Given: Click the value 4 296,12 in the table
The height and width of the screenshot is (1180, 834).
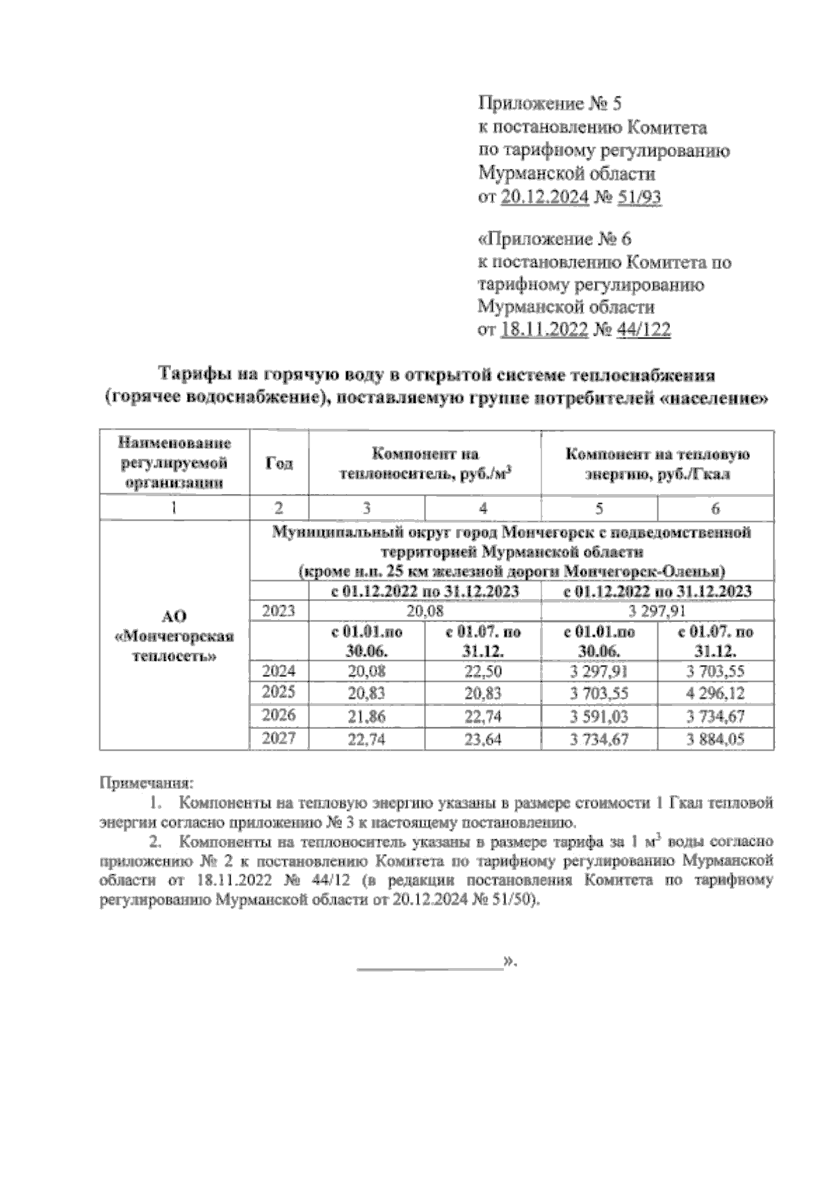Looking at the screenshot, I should pyautogui.click(x=715, y=693).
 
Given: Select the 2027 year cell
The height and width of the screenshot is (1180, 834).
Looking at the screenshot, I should pyautogui.click(x=279, y=739).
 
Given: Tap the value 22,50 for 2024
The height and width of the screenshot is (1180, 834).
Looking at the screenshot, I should pyautogui.click(x=482, y=671).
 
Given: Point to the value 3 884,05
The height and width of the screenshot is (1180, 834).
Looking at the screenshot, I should pyautogui.click(x=715, y=739).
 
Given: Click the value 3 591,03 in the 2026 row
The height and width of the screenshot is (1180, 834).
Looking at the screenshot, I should pyautogui.click(x=599, y=716).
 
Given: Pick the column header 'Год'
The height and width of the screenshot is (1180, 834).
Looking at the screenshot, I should pyautogui.click(x=279, y=464).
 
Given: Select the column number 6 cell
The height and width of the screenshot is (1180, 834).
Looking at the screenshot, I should pyautogui.click(x=715, y=509).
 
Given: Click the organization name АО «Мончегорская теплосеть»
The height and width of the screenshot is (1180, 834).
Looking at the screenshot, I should pyautogui.click(x=174, y=636).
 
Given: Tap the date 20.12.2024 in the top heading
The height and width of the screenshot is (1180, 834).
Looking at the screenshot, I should pyautogui.click(x=545, y=198).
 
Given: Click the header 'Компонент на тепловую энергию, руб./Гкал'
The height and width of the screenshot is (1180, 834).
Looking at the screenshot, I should pyautogui.click(x=657, y=464).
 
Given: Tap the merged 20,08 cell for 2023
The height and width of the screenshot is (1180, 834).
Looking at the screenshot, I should pyautogui.click(x=424, y=611).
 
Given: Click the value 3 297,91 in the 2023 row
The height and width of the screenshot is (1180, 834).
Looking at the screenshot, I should pyautogui.click(x=657, y=611).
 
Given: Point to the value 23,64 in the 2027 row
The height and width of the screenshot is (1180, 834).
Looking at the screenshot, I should pyautogui.click(x=482, y=739).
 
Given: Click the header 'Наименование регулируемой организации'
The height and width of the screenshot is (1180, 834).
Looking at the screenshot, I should pyautogui.click(x=174, y=463).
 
